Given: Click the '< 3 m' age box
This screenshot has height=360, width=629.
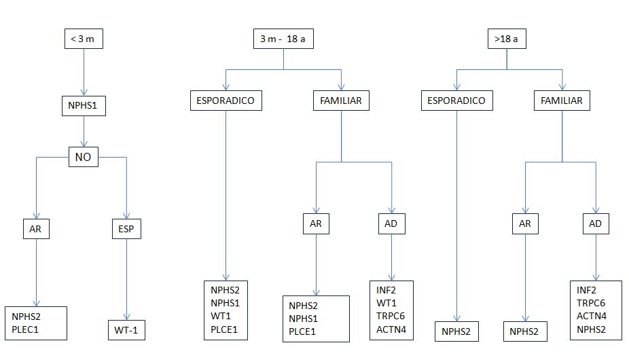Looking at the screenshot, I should pyautogui.click(x=84, y=40).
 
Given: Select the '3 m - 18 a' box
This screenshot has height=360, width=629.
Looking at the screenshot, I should pyautogui.click(x=283, y=40).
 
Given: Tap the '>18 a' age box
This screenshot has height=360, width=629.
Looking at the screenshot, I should pyautogui.click(x=507, y=40).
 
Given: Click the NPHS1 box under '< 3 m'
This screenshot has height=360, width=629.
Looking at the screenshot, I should pyautogui.click(x=84, y=107).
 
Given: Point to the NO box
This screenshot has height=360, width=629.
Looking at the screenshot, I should pyautogui.click(x=84, y=158).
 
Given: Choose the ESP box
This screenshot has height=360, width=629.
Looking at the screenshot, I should pyautogui.click(x=126, y=229).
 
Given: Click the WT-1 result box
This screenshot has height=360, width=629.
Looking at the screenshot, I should pyautogui.click(x=127, y=332).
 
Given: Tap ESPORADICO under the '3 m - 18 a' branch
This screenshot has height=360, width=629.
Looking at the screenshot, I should pyautogui.click(x=226, y=101).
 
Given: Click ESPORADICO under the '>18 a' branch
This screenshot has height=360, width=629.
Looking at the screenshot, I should pyautogui.click(x=456, y=101).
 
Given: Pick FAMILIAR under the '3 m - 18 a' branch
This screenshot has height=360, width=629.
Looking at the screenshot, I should pyautogui.click(x=341, y=101).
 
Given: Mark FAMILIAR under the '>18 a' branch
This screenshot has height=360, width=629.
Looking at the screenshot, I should pyautogui.click(x=562, y=101).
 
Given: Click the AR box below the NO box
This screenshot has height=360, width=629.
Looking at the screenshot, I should pyautogui.click(x=35, y=229).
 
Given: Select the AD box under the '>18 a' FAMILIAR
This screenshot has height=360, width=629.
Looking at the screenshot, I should pyautogui.click(x=596, y=223).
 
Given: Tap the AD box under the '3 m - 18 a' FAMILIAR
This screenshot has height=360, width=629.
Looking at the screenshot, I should pyautogui.click(x=391, y=223).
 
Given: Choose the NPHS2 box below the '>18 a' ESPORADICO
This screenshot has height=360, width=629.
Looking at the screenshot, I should pyautogui.click(x=456, y=332).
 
